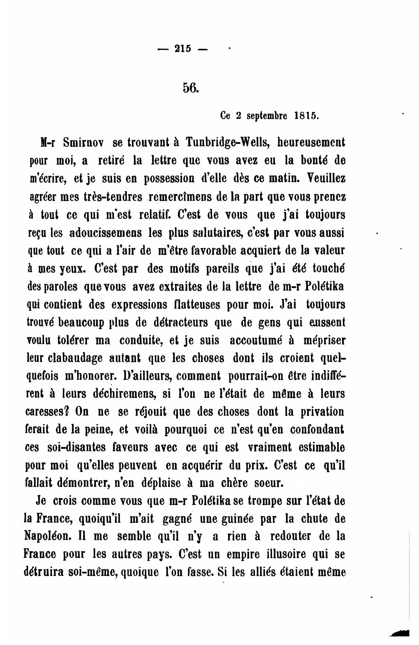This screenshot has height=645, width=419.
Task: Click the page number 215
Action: point(183,49)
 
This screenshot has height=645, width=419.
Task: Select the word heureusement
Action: point(311,142)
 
